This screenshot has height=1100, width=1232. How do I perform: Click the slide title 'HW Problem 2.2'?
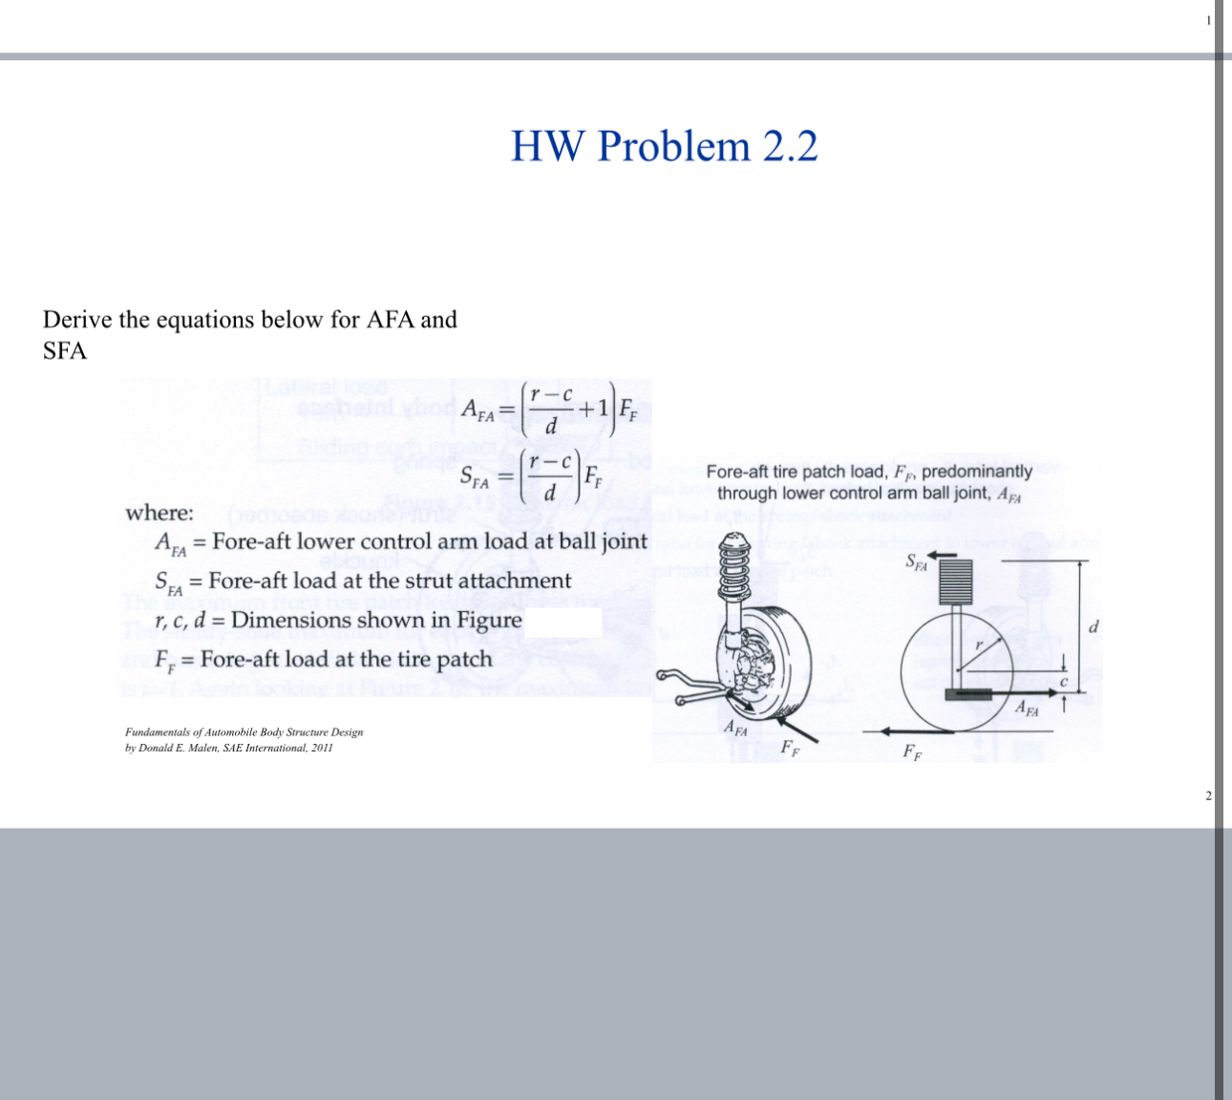(x=664, y=146)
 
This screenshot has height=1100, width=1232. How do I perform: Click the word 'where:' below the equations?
(x=159, y=513)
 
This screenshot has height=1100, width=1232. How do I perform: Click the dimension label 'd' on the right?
(x=1094, y=626)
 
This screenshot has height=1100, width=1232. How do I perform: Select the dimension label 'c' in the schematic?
(x=1061, y=681)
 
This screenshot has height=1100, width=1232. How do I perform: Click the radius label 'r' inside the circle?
(x=977, y=645)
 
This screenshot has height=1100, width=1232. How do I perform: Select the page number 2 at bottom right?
(x=1208, y=795)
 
